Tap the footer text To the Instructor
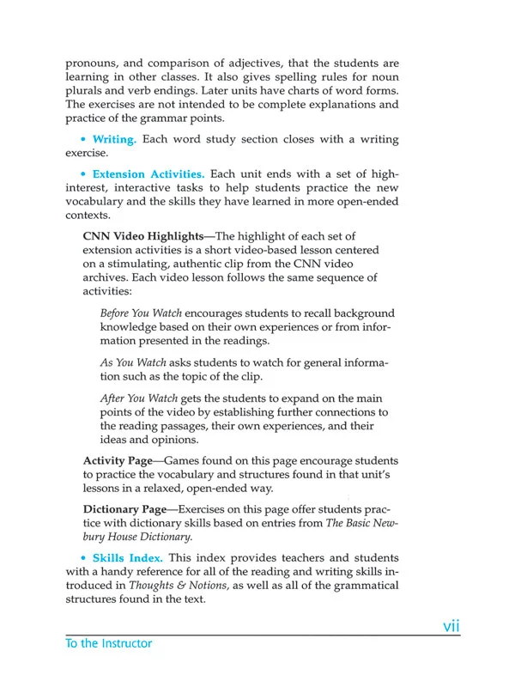[108, 643]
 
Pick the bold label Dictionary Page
[124, 509]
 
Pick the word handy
[124, 572]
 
